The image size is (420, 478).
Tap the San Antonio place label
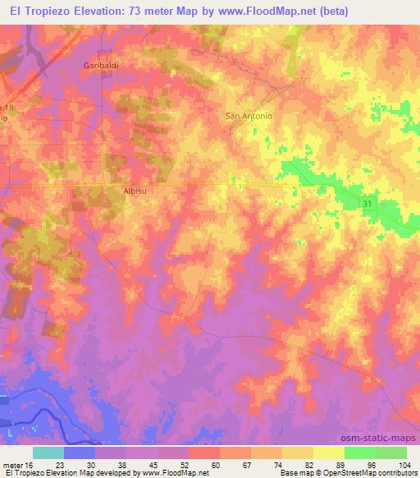pyautogui.click(x=249, y=116)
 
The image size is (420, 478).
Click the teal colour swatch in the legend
pyautogui.click(x=48, y=453)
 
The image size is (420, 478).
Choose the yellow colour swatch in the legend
pyautogui.click(x=328, y=453)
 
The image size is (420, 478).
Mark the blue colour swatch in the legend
pyautogui.click(x=79, y=453)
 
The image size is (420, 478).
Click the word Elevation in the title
pyautogui.click(x=94, y=11)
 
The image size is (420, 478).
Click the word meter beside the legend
pyautogui.click(x=16, y=464)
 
